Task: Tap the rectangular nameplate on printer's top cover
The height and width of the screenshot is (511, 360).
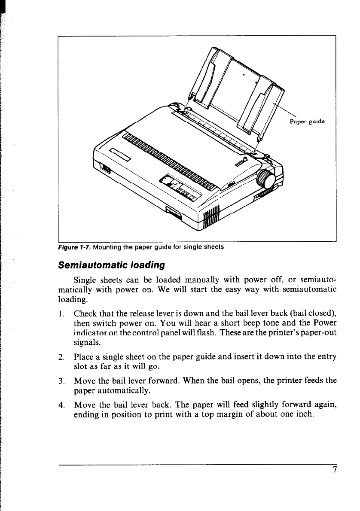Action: [x=120, y=153]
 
